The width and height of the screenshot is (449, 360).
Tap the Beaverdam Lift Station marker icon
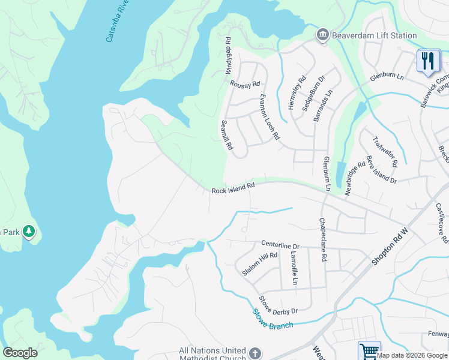(x=323, y=35)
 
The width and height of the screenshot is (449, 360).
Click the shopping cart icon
(x=369, y=350)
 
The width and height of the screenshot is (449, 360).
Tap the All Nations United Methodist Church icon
(x=255, y=353)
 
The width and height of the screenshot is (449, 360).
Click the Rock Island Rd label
(x=233, y=188)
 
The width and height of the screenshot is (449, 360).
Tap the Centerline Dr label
(x=280, y=245)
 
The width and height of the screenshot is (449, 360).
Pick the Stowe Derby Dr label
(x=278, y=305)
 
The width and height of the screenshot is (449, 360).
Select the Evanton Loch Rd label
(x=270, y=116)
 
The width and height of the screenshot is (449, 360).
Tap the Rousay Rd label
(x=246, y=84)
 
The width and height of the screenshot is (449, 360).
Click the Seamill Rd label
(x=226, y=135)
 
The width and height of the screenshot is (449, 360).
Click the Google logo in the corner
(x=20, y=353)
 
